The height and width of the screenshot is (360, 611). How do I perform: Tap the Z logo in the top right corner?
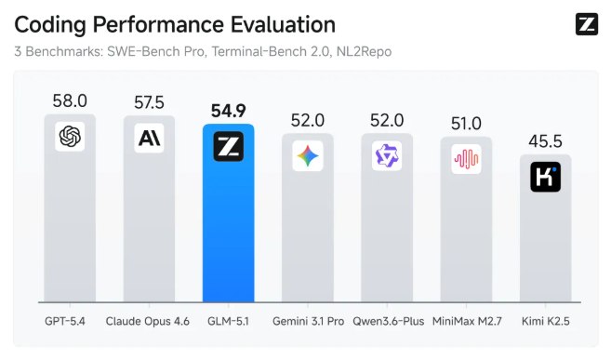[x=586, y=25]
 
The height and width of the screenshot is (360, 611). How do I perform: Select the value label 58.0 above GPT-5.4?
[x=70, y=100]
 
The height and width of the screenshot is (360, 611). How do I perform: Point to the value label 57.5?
[x=149, y=100]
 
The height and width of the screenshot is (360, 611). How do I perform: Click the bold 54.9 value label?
[x=228, y=109]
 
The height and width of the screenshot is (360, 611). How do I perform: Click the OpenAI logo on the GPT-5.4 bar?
[x=70, y=137]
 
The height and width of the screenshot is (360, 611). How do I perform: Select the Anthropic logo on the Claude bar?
[x=149, y=138]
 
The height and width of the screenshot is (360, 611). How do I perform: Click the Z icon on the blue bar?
[x=228, y=147]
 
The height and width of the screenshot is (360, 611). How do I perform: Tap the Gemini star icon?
[x=308, y=156]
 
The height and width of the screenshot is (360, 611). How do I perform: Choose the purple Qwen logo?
[x=387, y=156]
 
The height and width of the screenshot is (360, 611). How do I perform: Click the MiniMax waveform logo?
[x=466, y=159]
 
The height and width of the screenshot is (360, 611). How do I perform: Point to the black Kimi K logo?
[x=545, y=177]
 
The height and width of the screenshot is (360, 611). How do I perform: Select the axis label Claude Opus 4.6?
[x=149, y=322]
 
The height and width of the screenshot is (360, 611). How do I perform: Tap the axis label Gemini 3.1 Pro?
[x=308, y=322]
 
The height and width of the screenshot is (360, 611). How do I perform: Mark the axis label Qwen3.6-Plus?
[x=387, y=322]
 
